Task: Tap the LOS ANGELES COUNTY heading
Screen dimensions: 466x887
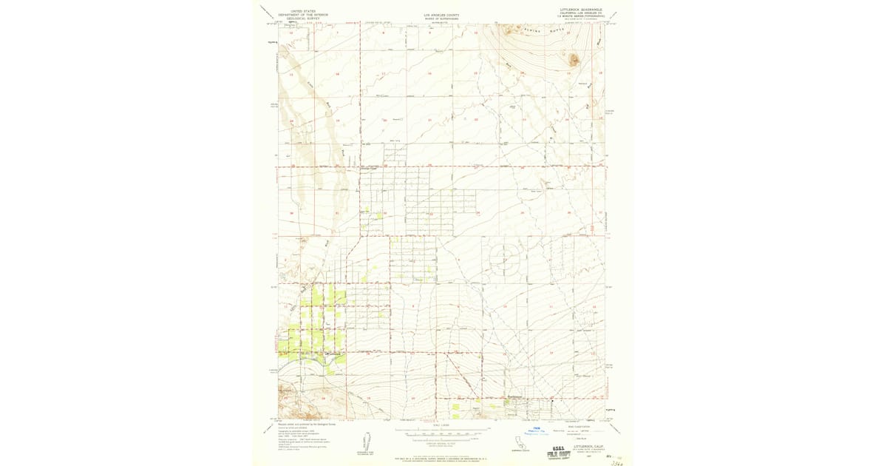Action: click(441, 13)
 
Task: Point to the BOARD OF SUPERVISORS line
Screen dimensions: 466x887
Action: click(441, 17)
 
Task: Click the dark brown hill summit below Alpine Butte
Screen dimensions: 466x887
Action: click(573, 58)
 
